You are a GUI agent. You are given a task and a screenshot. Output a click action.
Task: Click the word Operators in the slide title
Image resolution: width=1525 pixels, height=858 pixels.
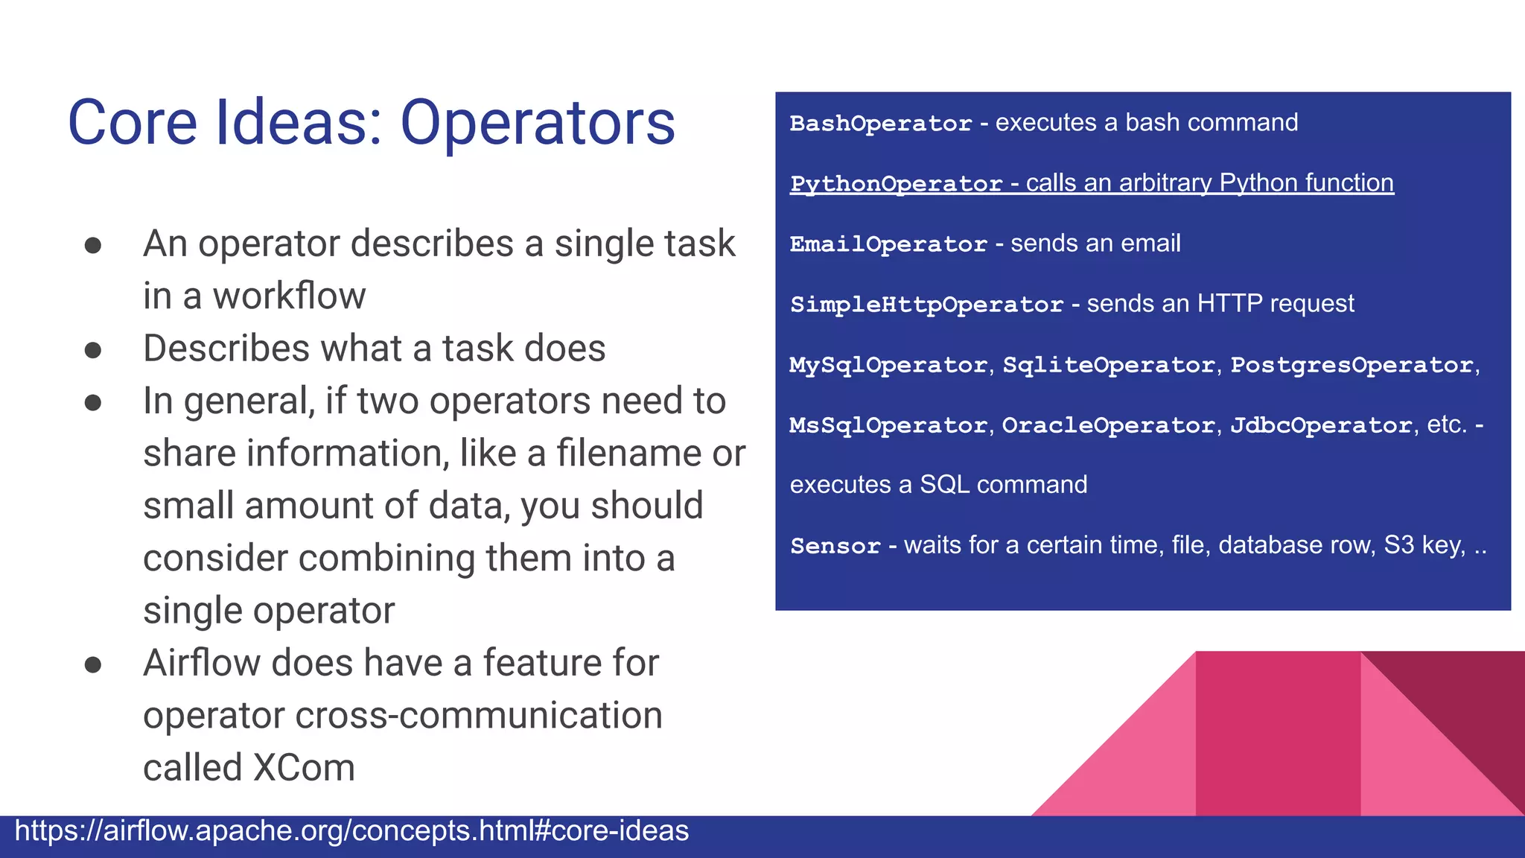pos(538,123)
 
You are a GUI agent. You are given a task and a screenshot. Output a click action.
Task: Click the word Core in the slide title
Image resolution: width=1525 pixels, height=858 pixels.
pos(132,123)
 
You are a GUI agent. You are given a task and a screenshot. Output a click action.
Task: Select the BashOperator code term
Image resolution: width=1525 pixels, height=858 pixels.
pos(881,123)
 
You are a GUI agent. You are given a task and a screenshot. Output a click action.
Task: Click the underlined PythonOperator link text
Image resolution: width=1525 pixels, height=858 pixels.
pos(896,183)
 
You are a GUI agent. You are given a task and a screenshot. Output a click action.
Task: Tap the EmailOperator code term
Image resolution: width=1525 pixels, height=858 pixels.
pos(888,244)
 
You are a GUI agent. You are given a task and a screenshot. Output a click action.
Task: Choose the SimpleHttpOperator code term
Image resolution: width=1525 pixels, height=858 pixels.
pos(926,304)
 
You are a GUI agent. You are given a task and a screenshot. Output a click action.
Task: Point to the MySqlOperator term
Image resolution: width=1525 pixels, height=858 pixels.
pos(888,365)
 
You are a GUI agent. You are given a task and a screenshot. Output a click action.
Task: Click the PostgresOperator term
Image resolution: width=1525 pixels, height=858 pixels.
pos(1352,365)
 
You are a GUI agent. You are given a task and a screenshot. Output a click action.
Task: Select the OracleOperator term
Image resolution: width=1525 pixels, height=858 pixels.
pos(1108,425)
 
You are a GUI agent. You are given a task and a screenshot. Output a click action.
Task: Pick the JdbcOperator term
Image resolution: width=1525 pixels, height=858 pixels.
pos(1321,425)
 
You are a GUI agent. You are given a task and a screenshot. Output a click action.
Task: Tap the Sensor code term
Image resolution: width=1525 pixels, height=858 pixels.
pos(835,546)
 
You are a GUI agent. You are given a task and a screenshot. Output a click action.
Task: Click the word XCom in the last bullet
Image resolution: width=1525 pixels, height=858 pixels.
pos(304,768)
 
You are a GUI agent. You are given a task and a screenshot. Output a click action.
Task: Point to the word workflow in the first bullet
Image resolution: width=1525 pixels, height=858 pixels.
pos(289,296)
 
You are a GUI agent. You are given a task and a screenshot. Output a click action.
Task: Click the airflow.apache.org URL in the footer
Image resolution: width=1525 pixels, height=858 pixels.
pos(351,831)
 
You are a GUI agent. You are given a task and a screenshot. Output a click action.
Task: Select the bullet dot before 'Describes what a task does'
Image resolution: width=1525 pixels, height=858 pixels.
pos(93,350)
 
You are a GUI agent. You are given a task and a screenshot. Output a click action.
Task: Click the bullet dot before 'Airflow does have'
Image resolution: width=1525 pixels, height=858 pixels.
pos(93,664)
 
